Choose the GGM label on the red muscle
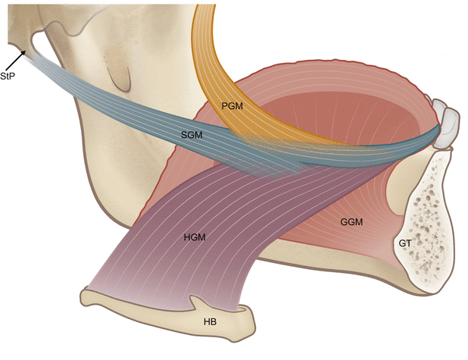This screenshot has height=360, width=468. point(351,221)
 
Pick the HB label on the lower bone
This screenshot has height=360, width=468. point(211,321)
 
